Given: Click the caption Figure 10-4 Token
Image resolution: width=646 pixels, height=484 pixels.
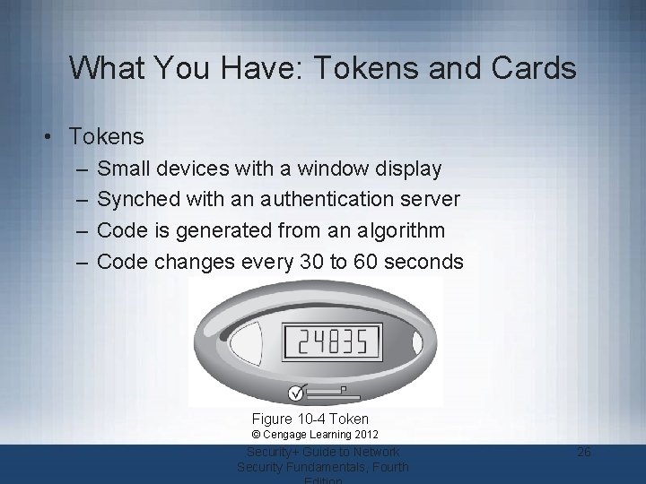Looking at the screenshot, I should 310,419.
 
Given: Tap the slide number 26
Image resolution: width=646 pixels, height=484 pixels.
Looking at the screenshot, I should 584,452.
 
